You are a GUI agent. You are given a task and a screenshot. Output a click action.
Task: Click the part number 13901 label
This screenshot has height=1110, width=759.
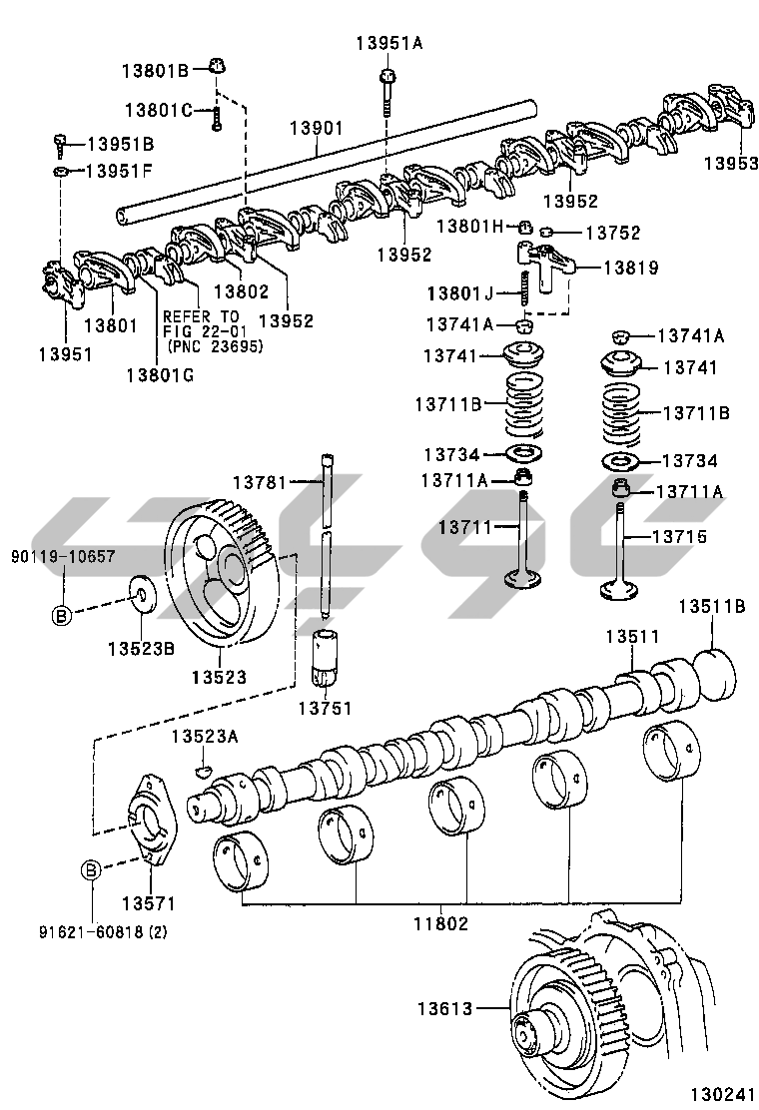click(317, 129)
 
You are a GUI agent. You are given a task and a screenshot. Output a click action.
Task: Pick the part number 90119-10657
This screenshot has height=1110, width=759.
click(63, 556)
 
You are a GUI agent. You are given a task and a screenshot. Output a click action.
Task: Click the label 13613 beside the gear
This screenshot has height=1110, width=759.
click(445, 1008)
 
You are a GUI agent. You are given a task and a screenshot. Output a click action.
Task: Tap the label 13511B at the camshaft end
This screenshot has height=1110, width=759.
click(712, 606)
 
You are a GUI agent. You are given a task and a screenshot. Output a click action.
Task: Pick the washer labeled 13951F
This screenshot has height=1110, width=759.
click(61, 173)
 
